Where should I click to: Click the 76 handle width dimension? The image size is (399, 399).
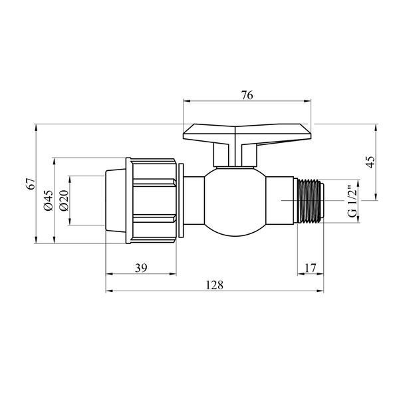tap(247, 95)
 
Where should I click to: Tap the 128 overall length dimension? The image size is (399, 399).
tap(214, 285)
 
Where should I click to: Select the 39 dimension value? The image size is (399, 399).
tap(141, 268)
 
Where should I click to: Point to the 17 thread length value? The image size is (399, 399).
tap(311, 268)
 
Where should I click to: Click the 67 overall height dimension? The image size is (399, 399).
tap(31, 184)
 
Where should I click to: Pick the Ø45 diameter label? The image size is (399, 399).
tap(49, 200)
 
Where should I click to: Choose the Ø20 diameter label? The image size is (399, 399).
tap(64, 200)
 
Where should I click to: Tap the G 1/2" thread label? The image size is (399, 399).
tap(352, 201)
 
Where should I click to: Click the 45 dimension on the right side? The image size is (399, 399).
tap(370, 162)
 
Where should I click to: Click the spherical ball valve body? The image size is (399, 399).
tap(235, 201)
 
